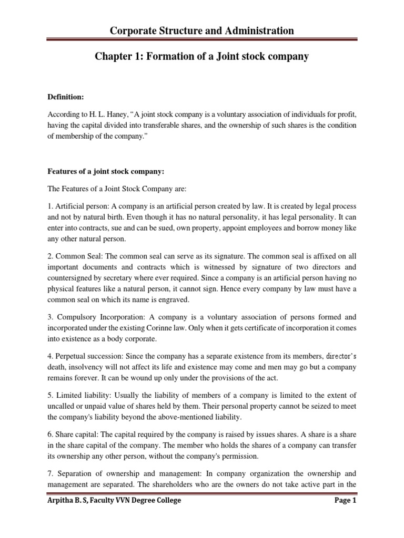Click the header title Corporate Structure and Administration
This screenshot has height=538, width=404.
click(x=201, y=31)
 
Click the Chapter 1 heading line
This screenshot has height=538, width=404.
click(x=201, y=56)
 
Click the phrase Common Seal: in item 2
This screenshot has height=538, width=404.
click(x=84, y=256)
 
